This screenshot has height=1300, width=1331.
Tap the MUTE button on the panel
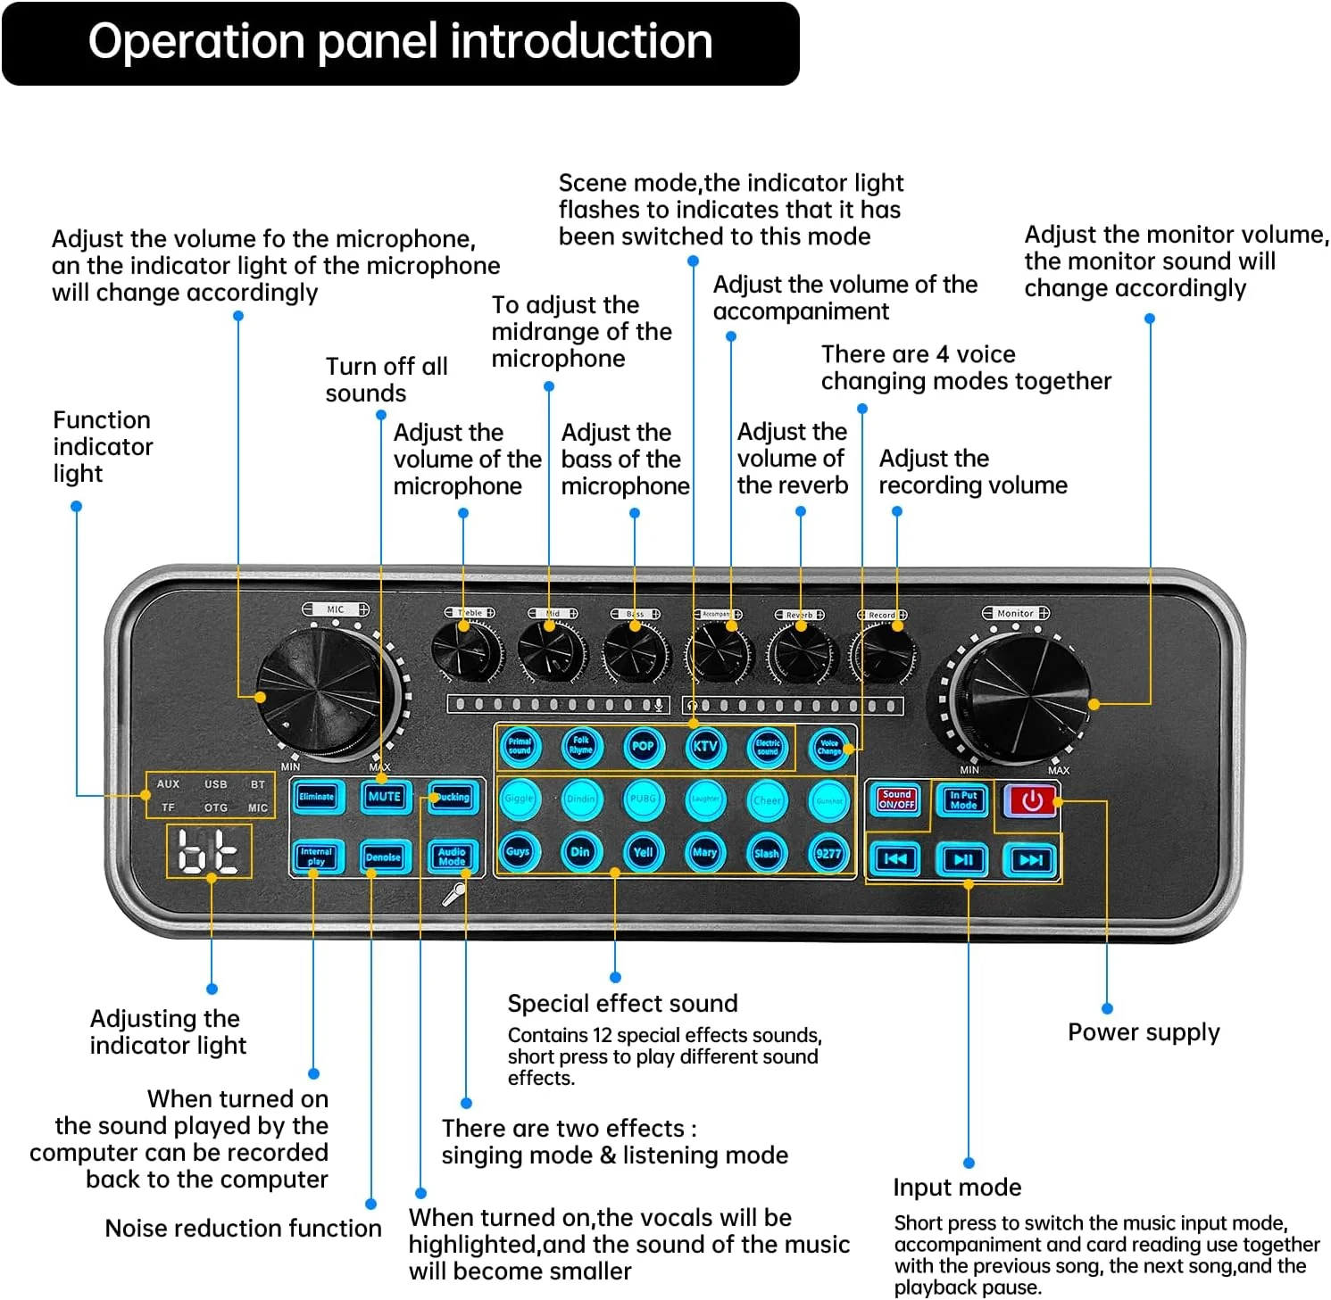[384, 797]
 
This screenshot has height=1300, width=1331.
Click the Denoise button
[383, 857]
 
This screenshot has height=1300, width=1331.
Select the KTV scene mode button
[705, 746]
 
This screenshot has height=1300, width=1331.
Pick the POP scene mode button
[643, 746]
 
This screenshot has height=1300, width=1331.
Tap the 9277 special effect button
[828, 853]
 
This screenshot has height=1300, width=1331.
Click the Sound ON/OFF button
[896, 799]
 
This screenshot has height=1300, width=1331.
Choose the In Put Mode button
[963, 799]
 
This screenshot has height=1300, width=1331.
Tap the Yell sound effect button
[643, 852]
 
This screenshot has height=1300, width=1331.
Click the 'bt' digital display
[209, 851]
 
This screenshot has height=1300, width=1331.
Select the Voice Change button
[829, 747]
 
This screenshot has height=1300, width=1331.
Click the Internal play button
[316, 857]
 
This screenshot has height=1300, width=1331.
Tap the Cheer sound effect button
[767, 800]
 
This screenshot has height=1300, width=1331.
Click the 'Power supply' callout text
[1144, 1032]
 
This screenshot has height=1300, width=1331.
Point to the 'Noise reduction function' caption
[243, 1229]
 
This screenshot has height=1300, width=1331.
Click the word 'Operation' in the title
[196, 42]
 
